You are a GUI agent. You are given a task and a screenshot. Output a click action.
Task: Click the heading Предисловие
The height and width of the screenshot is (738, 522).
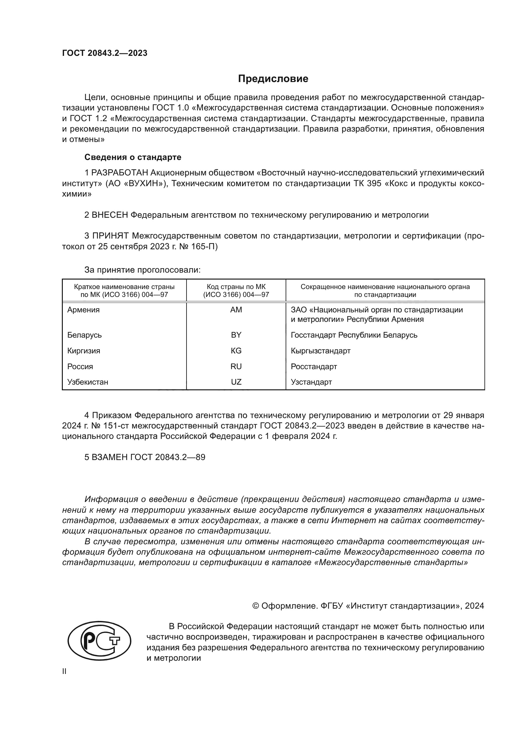(273, 79)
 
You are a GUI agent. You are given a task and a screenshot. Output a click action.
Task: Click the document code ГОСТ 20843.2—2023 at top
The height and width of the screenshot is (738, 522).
(104, 53)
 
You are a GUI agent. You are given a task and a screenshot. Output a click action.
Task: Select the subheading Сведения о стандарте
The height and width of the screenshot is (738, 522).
(133, 157)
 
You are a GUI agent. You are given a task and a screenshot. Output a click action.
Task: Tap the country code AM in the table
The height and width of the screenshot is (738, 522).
(236, 310)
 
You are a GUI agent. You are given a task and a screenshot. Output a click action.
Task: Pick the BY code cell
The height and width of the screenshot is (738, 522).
(236, 335)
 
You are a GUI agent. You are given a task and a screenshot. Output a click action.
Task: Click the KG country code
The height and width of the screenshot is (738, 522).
(236, 351)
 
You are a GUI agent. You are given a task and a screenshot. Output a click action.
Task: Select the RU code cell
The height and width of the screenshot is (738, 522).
(236, 366)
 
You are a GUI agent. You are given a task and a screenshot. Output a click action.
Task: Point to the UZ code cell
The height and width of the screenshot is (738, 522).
(236, 382)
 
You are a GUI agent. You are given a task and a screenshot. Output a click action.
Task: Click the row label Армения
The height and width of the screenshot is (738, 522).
(83, 310)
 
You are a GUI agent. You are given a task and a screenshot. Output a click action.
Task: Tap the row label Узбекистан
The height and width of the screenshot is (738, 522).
(87, 382)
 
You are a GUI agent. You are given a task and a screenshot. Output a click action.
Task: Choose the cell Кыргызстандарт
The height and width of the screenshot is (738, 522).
(320, 351)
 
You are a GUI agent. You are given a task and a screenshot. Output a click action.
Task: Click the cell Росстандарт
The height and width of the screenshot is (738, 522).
(314, 366)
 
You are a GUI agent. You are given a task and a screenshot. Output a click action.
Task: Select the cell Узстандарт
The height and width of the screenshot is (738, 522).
(311, 382)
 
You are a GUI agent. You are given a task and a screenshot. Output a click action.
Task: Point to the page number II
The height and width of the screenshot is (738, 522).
(64, 671)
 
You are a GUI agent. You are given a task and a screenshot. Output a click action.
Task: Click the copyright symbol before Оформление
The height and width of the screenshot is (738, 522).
(256, 606)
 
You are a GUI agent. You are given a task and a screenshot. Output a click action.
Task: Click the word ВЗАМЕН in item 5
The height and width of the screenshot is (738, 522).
(110, 457)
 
